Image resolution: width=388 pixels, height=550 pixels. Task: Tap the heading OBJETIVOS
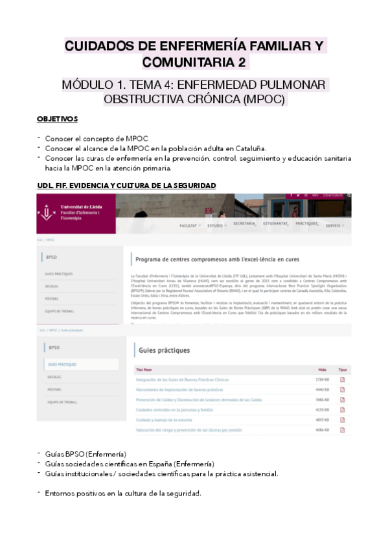[58, 119]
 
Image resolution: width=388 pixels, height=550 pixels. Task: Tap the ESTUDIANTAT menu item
[275, 224]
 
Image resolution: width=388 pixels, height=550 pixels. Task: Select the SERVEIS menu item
[334, 225]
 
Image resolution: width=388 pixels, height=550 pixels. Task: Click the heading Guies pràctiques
[165, 350]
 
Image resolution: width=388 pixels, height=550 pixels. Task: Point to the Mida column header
[322, 370]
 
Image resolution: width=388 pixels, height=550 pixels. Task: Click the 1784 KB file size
[323, 379]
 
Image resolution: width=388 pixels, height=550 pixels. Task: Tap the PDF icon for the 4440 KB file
[343, 390]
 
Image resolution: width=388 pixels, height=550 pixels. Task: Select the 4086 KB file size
[323, 429]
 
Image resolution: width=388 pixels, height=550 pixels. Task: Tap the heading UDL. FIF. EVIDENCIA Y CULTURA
[126, 186]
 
